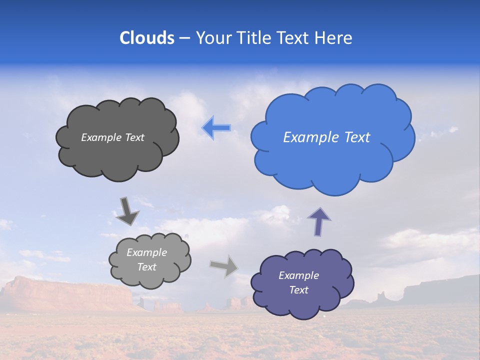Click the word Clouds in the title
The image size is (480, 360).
pos(147,38)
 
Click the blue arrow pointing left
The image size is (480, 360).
pos(216,128)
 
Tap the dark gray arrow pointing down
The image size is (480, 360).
pos(127,210)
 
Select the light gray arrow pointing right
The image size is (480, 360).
pos(224,265)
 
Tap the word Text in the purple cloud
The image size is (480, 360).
pos(299,290)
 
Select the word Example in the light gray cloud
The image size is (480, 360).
pos(146,252)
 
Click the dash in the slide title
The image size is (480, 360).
pos(184,38)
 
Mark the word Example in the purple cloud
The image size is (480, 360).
pos(298,275)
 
